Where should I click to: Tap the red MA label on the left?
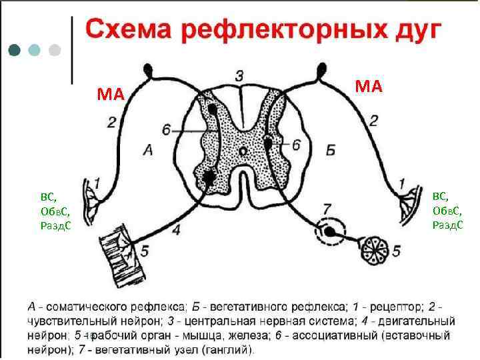pyautogui.click(x=111, y=93)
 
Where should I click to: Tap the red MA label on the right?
pyautogui.click(x=369, y=85)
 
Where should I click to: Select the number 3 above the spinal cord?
pyautogui.click(x=239, y=75)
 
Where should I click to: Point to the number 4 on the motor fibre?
pyautogui.click(x=175, y=231)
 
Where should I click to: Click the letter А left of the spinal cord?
pyautogui.click(x=148, y=151)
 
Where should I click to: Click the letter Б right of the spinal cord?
pyautogui.click(x=331, y=151)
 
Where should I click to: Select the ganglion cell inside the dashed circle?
pyautogui.click(x=329, y=231)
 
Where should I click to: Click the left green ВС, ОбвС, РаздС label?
pyautogui.click(x=56, y=211)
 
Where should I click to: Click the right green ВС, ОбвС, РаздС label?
pyautogui.click(x=447, y=210)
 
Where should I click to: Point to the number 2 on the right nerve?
pyautogui.click(x=374, y=121)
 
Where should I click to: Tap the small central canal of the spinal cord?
pyautogui.click(x=244, y=152)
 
